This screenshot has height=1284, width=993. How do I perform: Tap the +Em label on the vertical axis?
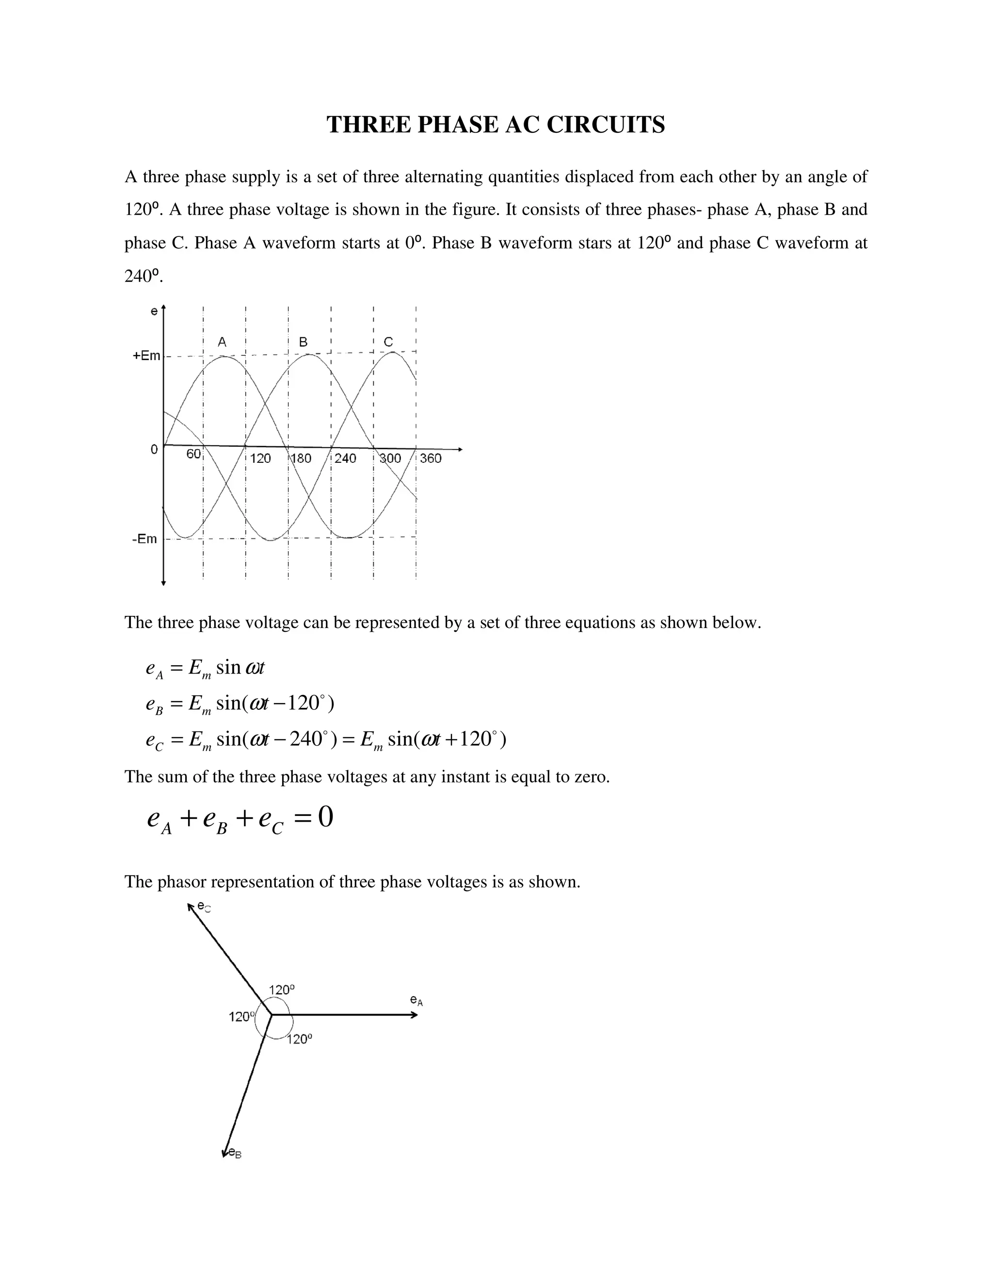pyautogui.click(x=146, y=356)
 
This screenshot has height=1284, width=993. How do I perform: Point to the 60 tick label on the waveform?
pyautogui.click(x=193, y=454)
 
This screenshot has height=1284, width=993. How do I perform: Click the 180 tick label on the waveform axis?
pyautogui.click(x=301, y=458)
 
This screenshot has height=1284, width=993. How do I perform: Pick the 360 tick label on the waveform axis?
pyautogui.click(x=431, y=458)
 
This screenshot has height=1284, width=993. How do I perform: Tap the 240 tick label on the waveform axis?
pyautogui.click(x=345, y=458)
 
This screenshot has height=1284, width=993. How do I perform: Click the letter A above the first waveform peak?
pyautogui.click(x=222, y=342)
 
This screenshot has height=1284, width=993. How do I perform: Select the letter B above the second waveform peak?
pyautogui.click(x=303, y=342)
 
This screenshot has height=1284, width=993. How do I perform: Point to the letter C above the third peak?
pyautogui.click(x=388, y=342)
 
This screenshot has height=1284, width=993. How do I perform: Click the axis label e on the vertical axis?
pyautogui.click(x=154, y=311)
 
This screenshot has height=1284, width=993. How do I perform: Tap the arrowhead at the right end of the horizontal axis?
pyautogui.click(x=460, y=450)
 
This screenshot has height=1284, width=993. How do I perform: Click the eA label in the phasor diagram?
pyautogui.click(x=416, y=1000)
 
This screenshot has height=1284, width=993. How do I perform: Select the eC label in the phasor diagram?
pyautogui.click(x=204, y=907)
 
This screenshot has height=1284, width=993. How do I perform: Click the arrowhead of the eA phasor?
pyautogui.click(x=414, y=1015)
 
